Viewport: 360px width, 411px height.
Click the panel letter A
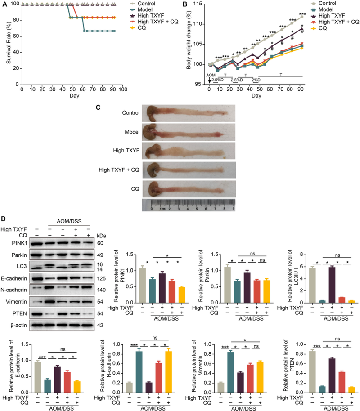(4, 4)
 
